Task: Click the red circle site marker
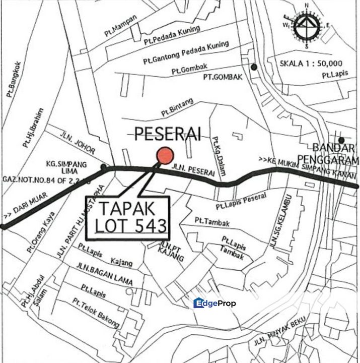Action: coord(165,156)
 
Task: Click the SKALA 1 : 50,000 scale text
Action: coord(311,64)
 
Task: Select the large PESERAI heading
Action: coord(168,134)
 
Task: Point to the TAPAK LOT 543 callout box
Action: coord(128,217)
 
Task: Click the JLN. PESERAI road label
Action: coord(197,171)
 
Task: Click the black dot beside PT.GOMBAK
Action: coord(255,67)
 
